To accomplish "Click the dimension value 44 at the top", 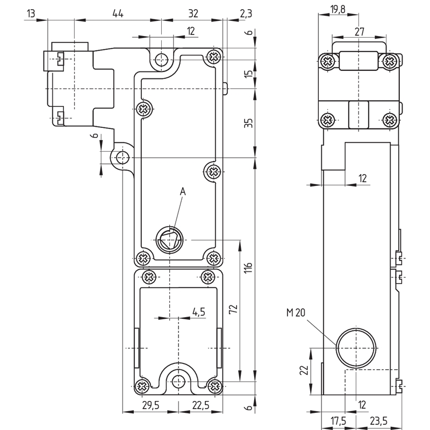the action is tap(118, 13).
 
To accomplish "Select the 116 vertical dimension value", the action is tap(248, 268).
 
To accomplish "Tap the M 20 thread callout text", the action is tap(296, 312).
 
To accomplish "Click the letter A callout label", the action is tap(183, 191).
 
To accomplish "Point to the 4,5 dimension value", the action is tap(199, 312).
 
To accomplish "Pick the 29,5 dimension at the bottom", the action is tap(150, 405).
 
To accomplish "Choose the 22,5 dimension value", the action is tap(200, 405).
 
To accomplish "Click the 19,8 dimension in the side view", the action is tap(338, 9).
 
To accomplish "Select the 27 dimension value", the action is tap(359, 32).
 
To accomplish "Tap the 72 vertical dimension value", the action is tap(233, 310).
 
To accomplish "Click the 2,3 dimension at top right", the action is tap(246, 13).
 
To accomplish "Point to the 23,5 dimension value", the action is tap(378, 421).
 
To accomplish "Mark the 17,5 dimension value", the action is tap(339, 421).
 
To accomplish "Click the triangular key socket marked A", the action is tap(169, 240).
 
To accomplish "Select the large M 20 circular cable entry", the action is tap(356, 348).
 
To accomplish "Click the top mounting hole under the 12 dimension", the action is tap(161, 59).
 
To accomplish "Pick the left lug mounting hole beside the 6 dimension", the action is tap(123, 157).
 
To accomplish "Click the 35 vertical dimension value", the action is tap(248, 123).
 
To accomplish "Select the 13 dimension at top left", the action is tap(31, 13).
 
